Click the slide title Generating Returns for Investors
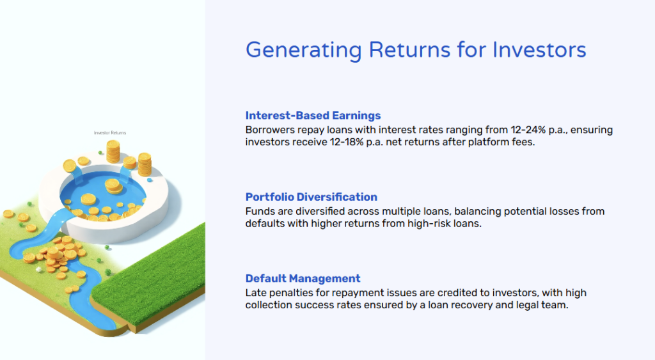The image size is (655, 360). pos(416,50)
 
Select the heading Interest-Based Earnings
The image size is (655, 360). pos(313,115)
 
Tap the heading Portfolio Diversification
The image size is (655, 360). pos(312,197)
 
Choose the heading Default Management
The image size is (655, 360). pos(303,278)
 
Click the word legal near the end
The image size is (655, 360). pos(526,305)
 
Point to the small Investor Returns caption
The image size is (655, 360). pos(110,133)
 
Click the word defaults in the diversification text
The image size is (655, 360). pos(262,223)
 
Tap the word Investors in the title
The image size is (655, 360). pos(539,50)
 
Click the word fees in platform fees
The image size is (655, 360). pos(525,142)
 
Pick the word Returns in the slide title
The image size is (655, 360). pos(409,50)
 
